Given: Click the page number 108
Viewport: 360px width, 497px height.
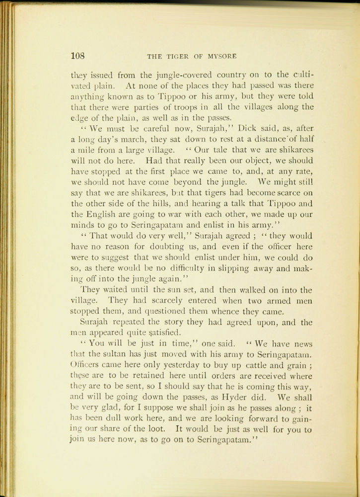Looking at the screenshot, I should point(79,56).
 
